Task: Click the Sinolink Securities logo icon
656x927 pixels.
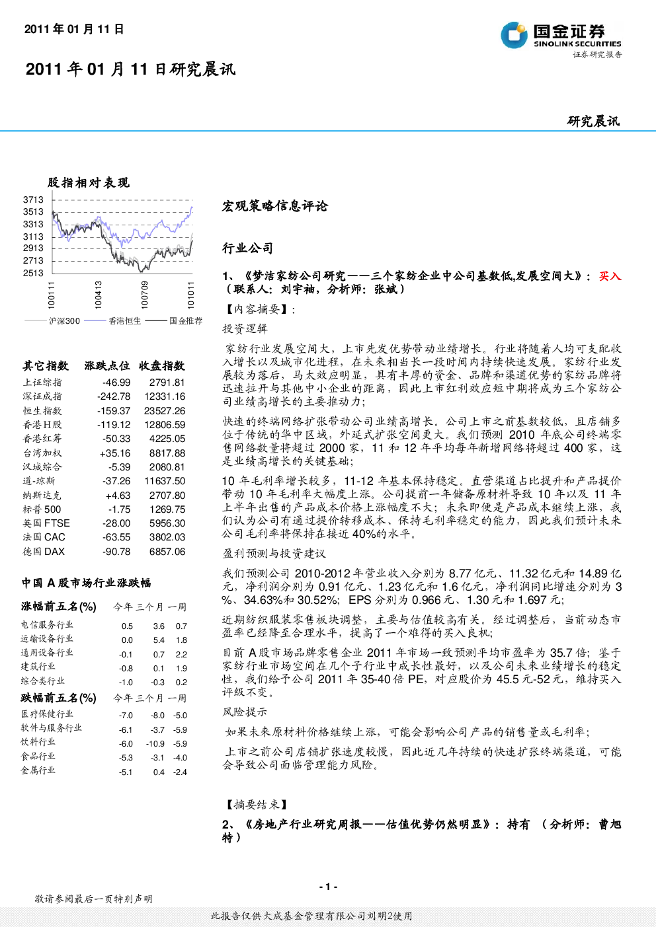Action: tap(514, 35)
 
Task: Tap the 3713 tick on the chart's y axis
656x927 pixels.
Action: tap(33, 200)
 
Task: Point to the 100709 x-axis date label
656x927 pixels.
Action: tap(145, 295)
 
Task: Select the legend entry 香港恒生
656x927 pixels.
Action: tap(125, 320)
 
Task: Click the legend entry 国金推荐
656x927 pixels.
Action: tap(186, 320)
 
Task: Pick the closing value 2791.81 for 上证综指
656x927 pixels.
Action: tap(167, 383)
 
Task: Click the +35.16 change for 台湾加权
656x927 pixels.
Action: tap(115, 453)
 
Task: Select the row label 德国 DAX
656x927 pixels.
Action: tap(44, 551)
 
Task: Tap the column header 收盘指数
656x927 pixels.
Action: tap(162, 366)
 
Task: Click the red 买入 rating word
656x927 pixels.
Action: tap(610, 276)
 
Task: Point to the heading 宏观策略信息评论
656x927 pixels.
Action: tap(275, 206)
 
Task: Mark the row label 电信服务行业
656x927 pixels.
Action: tap(47, 624)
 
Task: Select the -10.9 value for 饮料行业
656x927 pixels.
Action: tap(155, 744)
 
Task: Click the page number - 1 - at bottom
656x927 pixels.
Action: tap(329, 887)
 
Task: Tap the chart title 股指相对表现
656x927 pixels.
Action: tap(89, 182)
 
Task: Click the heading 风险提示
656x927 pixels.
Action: tap(245, 712)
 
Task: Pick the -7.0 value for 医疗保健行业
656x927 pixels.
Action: tap(126, 716)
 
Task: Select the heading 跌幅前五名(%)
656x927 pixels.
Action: tap(59, 698)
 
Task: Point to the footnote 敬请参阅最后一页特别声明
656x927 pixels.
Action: tap(94, 899)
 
